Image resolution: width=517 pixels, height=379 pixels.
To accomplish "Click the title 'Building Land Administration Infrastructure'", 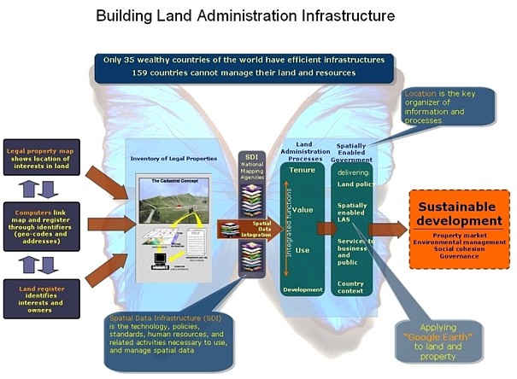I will tap(257, 15).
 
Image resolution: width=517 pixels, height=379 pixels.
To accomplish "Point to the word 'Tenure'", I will tap(303, 170).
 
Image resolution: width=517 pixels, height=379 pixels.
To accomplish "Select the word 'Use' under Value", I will tap(303, 250).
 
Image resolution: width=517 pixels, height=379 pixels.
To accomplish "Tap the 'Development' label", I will tap(303, 289).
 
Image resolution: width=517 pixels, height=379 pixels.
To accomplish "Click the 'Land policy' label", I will tap(352, 184).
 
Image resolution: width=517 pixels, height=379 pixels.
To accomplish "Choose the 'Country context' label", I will tap(351, 286).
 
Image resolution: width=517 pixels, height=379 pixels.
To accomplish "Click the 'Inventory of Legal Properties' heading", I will tap(180, 158).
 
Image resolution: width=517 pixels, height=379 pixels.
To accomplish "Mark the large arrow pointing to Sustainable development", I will tap(388, 229).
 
